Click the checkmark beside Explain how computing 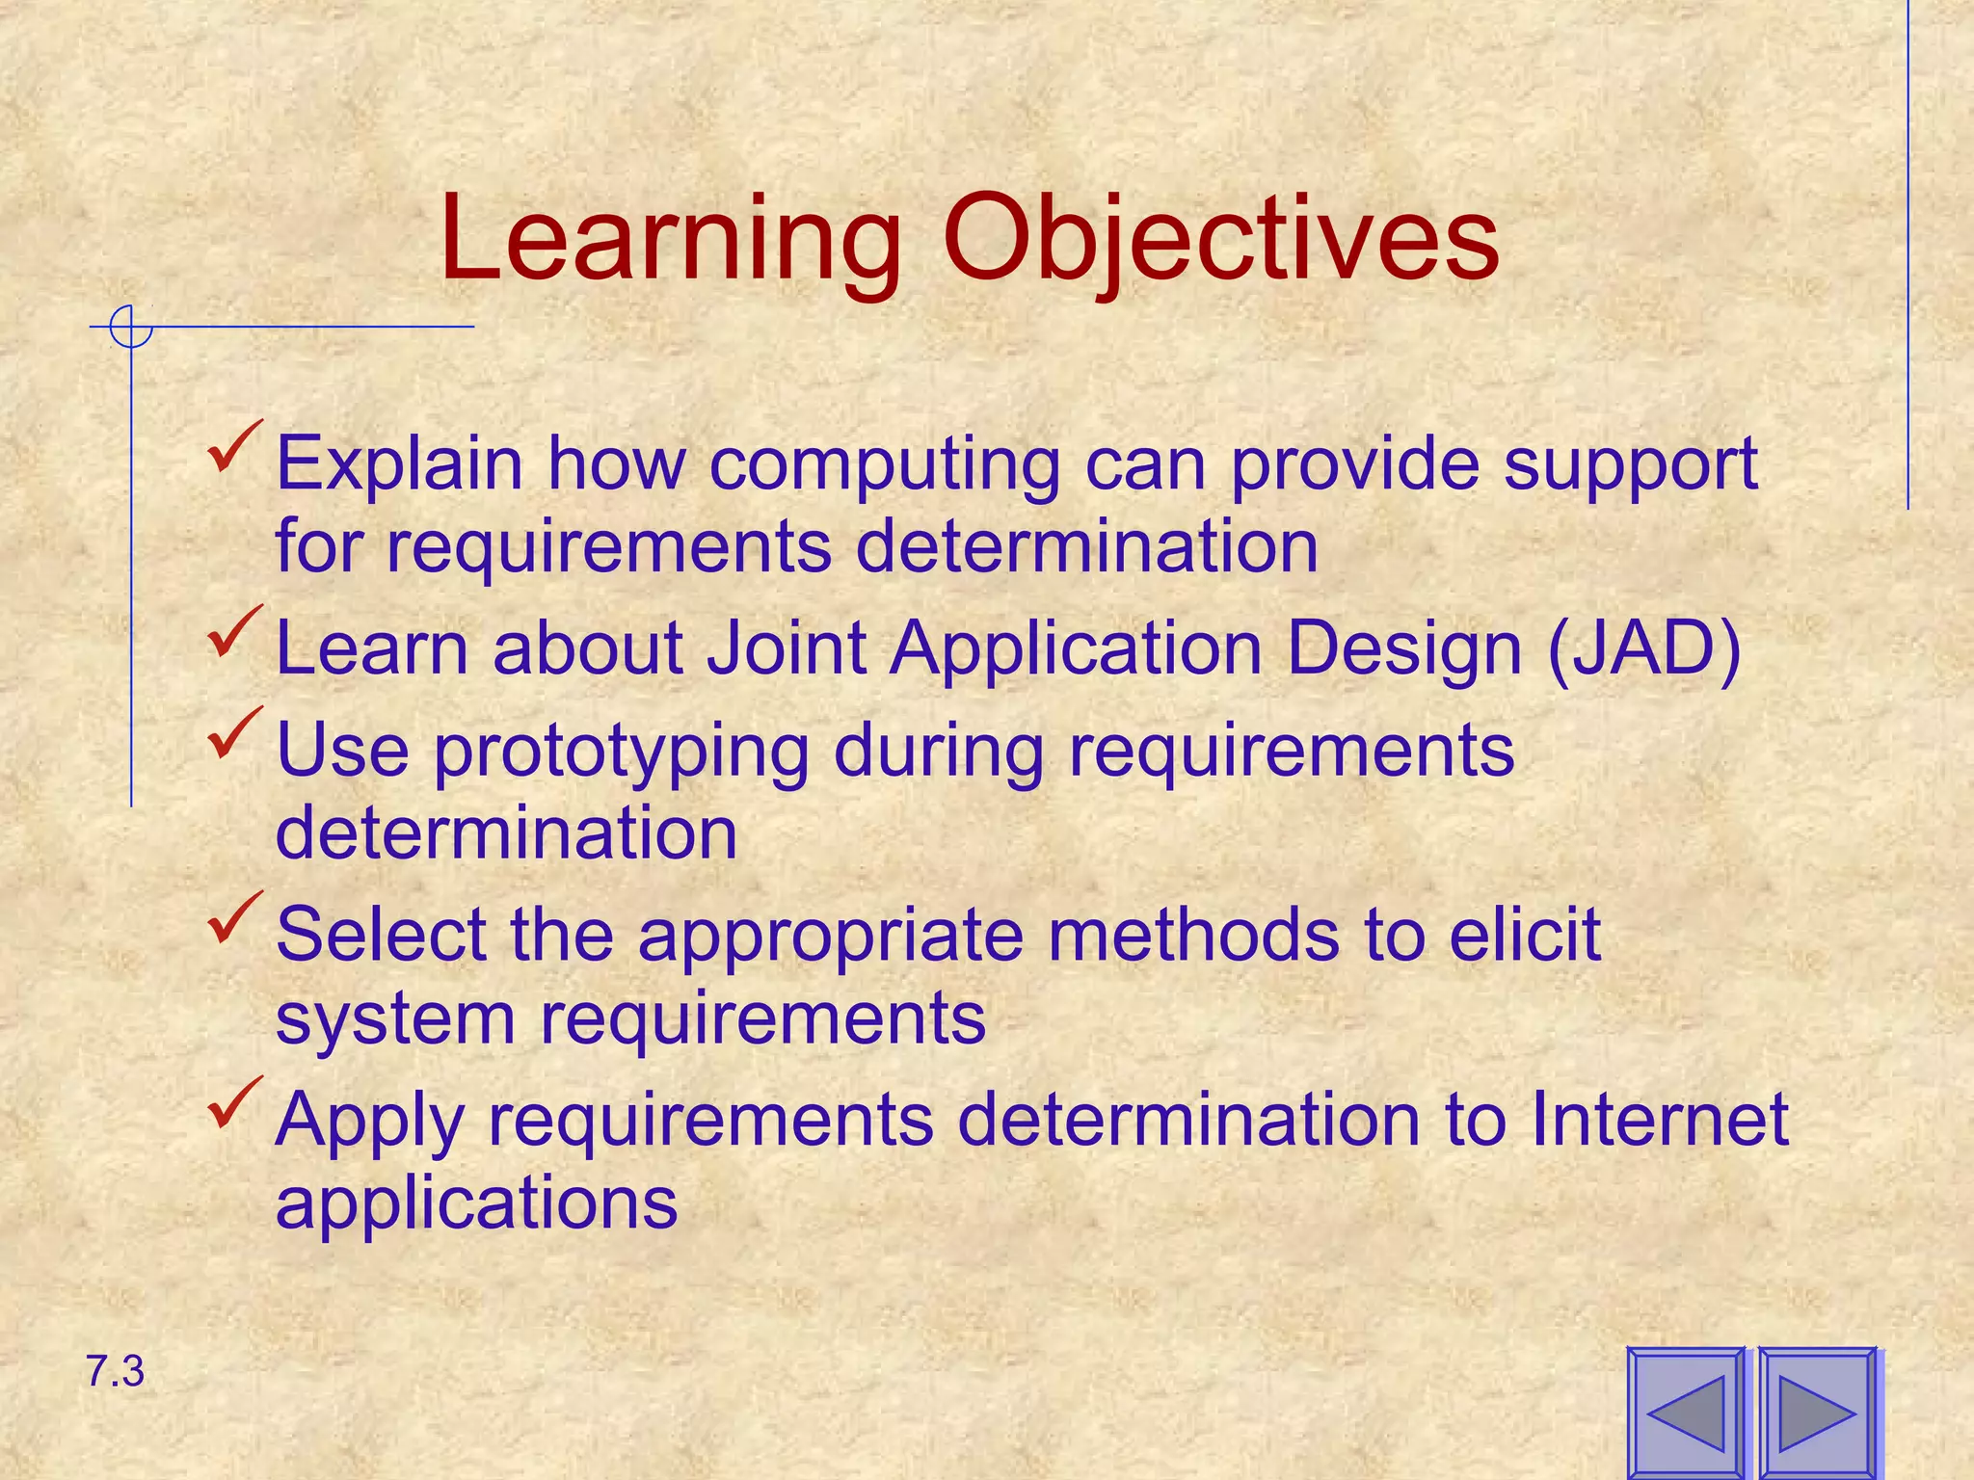tap(234, 447)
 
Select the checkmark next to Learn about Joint tap(234, 632)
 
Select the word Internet tap(1659, 1120)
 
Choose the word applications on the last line tap(476, 1204)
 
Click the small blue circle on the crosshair tap(131, 327)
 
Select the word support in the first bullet tap(1631, 466)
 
